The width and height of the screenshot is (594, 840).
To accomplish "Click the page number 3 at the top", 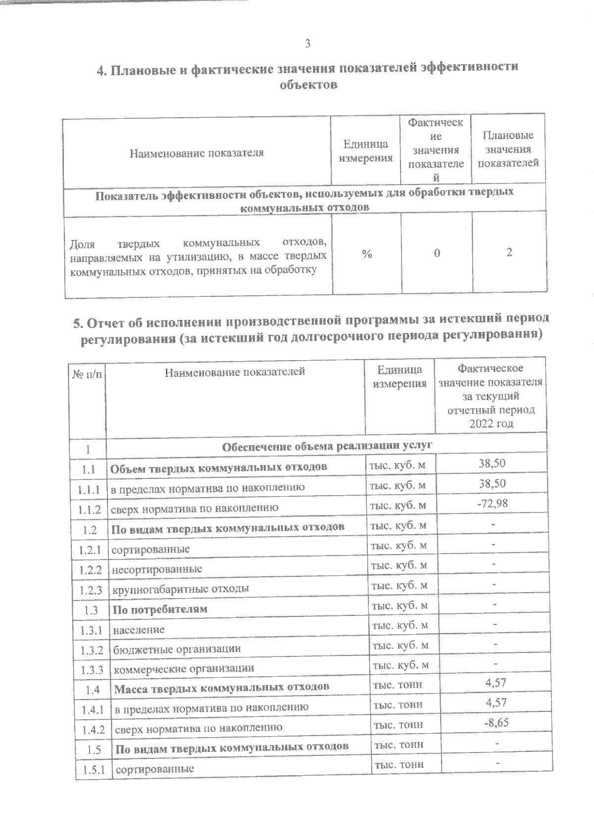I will [307, 44].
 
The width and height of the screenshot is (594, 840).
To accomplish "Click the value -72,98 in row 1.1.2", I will [492, 503].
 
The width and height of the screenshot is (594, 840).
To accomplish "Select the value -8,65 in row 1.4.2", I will [496, 722].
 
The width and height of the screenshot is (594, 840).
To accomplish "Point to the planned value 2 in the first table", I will [509, 252].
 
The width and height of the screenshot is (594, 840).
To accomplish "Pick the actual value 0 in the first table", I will [437, 253].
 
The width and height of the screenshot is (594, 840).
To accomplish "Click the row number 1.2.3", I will [90, 590].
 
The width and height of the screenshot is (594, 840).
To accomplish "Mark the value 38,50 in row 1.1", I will [492, 464].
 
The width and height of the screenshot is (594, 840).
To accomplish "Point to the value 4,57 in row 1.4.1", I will [496, 702].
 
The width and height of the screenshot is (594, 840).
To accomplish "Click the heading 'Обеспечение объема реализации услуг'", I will [327, 446].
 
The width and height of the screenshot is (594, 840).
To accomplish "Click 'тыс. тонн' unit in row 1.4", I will [398, 685].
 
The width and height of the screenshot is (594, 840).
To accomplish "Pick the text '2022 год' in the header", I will [491, 423].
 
